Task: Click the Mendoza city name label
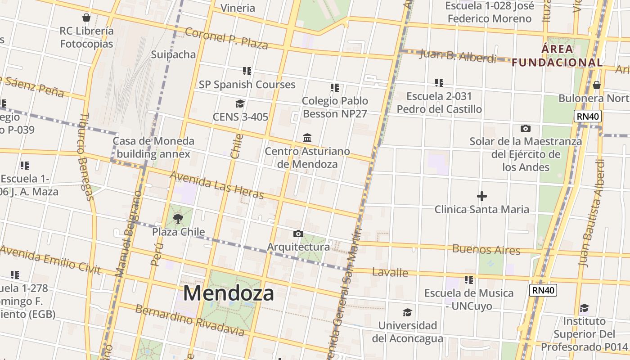click(229, 293)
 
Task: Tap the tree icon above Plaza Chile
click(178, 219)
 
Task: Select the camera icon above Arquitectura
click(298, 234)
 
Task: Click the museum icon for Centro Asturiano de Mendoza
click(307, 137)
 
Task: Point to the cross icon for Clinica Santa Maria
click(481, 196)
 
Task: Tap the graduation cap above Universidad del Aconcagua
click(407, 312)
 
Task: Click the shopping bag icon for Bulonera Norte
click(597, 85)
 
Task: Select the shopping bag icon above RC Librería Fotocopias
click(86, 18)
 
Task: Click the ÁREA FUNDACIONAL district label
click(557, 56)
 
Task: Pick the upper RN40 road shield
click(588, 117)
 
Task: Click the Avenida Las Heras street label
click(217, 185)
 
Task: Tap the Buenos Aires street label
click(486, 249)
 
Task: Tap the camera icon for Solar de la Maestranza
click(525, 129)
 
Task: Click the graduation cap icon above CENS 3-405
click(240, 104)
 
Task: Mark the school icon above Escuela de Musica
click(469, 280)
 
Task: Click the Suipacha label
click(173, 54)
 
